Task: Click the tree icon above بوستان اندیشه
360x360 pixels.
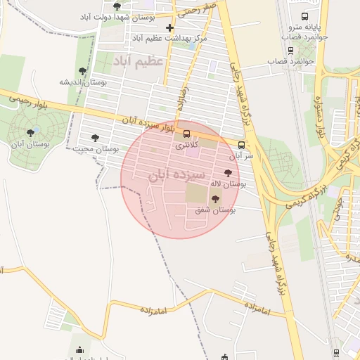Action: [x=83, y=70]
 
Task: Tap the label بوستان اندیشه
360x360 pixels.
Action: [x=83, y=82]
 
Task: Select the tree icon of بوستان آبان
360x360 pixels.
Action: [x=30, y=131]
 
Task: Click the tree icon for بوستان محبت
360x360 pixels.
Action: [x=95, y=138]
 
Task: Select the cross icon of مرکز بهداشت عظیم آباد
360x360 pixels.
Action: [x=169, y=27]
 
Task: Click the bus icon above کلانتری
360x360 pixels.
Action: [x=186, y=134]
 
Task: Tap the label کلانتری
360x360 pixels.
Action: [x=186, y=145]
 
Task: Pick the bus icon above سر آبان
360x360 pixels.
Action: [x=242, y=145]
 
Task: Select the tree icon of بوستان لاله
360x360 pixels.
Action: [x=227, y=172]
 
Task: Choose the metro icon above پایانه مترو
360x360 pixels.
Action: [x=304, y=16]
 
